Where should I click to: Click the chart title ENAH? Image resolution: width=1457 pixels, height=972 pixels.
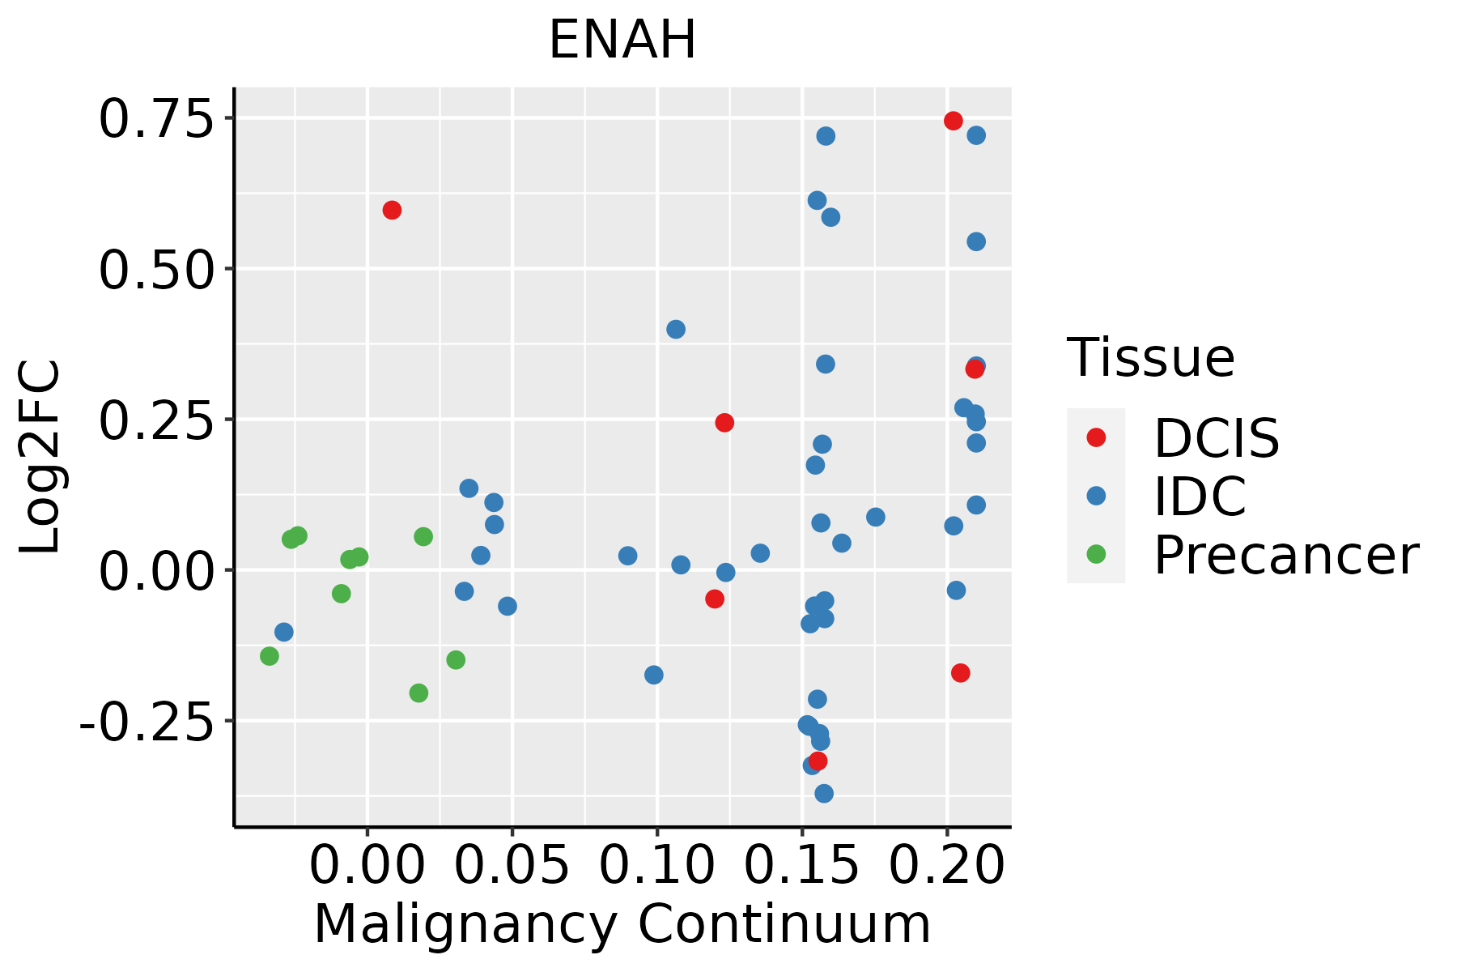pos(622,40)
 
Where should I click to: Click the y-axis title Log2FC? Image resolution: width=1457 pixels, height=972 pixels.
pos(40,458)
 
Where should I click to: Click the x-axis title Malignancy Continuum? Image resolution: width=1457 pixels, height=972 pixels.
pos(622,924)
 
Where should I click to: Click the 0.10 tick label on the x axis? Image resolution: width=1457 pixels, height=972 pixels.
pos(656,866)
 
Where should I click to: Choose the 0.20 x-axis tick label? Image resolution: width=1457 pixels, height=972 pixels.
pos(947,866)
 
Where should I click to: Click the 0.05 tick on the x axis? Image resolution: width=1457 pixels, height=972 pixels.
pos(512,866)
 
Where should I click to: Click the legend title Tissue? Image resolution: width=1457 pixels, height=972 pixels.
pos(1151,357)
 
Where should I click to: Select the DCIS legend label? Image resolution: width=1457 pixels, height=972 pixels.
pos(1216,438)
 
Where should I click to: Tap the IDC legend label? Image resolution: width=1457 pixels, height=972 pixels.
pos(1200,496)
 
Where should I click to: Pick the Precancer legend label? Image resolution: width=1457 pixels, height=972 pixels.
pos(1285,555)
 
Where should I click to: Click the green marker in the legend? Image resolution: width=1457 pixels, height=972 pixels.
pos(1096,554)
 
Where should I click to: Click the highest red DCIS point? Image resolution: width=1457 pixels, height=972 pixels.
pos(954,121)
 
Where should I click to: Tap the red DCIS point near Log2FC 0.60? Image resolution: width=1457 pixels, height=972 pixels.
pos(392,211)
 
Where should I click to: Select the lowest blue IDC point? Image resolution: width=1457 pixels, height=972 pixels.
pos(824,793)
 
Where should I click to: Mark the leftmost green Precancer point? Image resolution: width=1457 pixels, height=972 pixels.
pos(270,656)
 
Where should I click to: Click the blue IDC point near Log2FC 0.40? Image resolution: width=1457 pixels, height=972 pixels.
pos(676,329)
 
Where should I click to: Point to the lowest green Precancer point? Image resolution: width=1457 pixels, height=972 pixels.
pos(418,693)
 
